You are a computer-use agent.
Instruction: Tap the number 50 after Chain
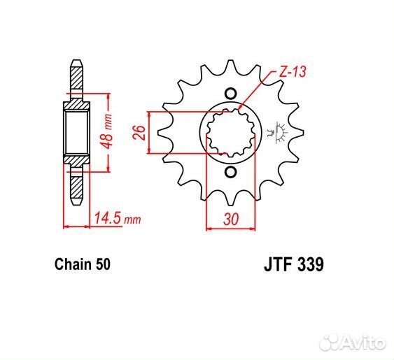point(102,265)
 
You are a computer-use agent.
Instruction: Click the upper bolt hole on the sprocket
point(230,93)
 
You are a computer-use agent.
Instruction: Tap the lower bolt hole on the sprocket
point(230,172)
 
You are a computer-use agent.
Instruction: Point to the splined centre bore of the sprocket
point(230,133)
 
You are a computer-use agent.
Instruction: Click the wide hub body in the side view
point(77,133)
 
